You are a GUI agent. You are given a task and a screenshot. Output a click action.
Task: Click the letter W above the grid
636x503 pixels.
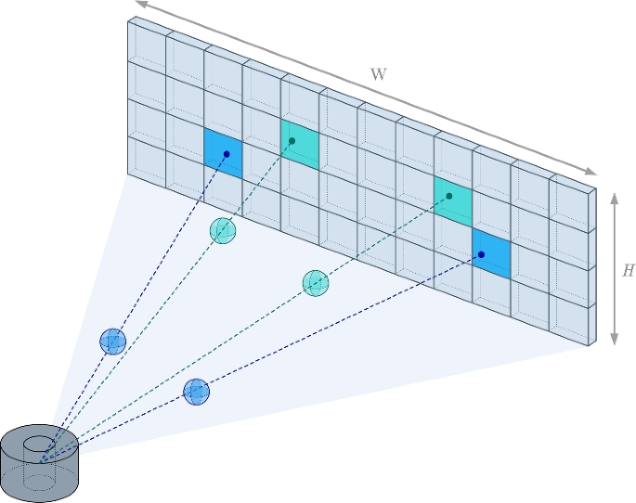tap(379, 74)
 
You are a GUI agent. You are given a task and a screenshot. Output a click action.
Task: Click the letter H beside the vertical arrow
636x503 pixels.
tap(629, 271)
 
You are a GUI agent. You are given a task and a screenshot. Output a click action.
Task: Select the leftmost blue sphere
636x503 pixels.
tap(112, 342)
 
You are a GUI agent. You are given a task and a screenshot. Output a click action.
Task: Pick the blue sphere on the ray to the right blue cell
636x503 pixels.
tap(196, 392)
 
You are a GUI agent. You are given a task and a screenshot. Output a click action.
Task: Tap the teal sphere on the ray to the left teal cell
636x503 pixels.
tap(222, 230)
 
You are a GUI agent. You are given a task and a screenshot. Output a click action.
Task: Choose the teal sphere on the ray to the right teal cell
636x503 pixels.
tap(316, 283)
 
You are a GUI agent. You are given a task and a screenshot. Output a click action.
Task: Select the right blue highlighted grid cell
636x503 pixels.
tap(491, 251)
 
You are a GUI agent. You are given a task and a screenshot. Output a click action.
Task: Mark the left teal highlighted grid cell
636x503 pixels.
tap(300, 143)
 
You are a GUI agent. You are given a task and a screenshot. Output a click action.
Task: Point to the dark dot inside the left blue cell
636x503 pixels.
tap(227, 154)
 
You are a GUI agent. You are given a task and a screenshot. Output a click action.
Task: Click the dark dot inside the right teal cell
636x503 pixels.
tap(449, 196)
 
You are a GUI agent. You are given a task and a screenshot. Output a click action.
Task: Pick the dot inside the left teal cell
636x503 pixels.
tap(292, 141)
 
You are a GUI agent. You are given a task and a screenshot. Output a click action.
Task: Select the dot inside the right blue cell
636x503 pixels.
tap(481, 254)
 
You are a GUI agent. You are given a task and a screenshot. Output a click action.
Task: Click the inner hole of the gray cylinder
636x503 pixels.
tap(39, 445)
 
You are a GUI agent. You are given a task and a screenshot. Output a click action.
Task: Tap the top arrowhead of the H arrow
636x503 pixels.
tap(614, 197)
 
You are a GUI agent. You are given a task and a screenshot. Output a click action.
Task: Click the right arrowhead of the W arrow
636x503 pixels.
tap(591, 172)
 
